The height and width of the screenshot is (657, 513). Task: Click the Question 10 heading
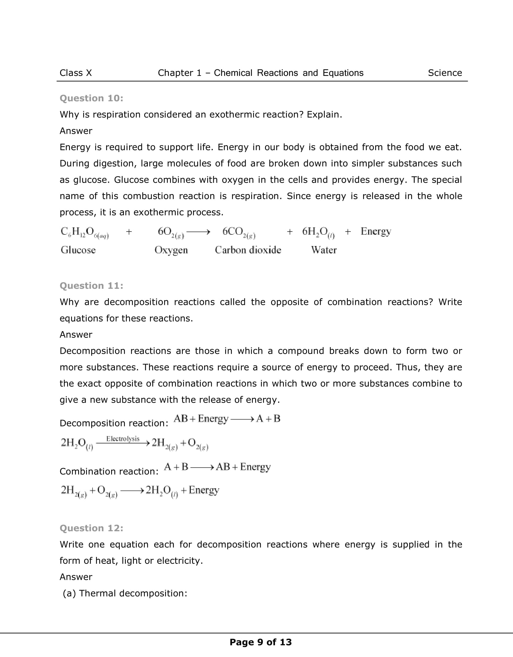click(92, 98)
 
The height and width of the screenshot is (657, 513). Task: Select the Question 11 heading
click(92, 286)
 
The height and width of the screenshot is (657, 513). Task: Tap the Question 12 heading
click(92, 528)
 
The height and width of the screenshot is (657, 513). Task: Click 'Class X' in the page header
click(76, 73)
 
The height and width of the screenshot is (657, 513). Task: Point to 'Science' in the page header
click(445, 73)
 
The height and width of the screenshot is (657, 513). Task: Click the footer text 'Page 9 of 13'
click(261, 642)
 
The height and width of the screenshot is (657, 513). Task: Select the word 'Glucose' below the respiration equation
click(78, 250)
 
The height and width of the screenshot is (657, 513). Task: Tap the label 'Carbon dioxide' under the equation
click(248, 250)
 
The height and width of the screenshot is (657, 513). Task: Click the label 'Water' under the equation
click(324, 250)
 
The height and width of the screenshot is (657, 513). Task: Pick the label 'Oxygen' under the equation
click(171, 250)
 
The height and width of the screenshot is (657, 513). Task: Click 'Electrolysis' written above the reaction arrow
click(123, 439)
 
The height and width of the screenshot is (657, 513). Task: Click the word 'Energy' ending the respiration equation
click(376, 232)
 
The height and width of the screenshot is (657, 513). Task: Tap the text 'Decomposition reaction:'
click(114, 423)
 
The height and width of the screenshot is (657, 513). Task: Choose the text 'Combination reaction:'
click(109, 471)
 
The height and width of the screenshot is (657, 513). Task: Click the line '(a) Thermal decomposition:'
click(125, 593)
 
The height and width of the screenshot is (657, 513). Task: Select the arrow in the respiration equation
click(198, 232)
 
